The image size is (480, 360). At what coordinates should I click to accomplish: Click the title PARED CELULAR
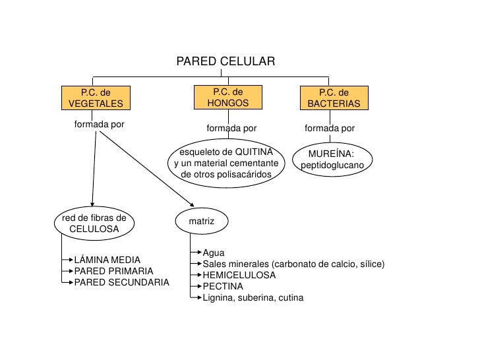(225, 62)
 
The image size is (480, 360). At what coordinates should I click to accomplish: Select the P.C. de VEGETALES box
(96, 98)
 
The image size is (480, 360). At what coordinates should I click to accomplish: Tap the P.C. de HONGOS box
(227, 98)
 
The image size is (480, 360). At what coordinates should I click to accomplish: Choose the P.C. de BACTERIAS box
(334, 98)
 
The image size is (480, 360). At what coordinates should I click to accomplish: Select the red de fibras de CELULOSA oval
(94, 223)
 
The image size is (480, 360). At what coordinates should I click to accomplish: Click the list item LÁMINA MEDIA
(107, 260)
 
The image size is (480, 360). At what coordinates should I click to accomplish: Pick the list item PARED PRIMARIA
(113, 271)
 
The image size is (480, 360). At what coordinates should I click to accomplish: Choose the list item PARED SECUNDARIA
(121, 282)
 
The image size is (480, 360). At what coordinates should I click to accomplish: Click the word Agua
(214, 253)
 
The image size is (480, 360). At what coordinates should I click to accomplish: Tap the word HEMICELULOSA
(239, 275)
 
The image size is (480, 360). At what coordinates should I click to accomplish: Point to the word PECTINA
(223, 286)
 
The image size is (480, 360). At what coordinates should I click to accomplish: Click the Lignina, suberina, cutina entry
(253, 298)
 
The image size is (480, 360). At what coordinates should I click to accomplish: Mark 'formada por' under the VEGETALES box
(100, 124)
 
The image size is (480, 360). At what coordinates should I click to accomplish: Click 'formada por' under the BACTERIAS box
(330, 128)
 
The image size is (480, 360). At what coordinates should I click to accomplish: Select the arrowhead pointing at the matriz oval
(191, 206)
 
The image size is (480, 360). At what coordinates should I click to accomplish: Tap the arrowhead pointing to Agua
(199, 253)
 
